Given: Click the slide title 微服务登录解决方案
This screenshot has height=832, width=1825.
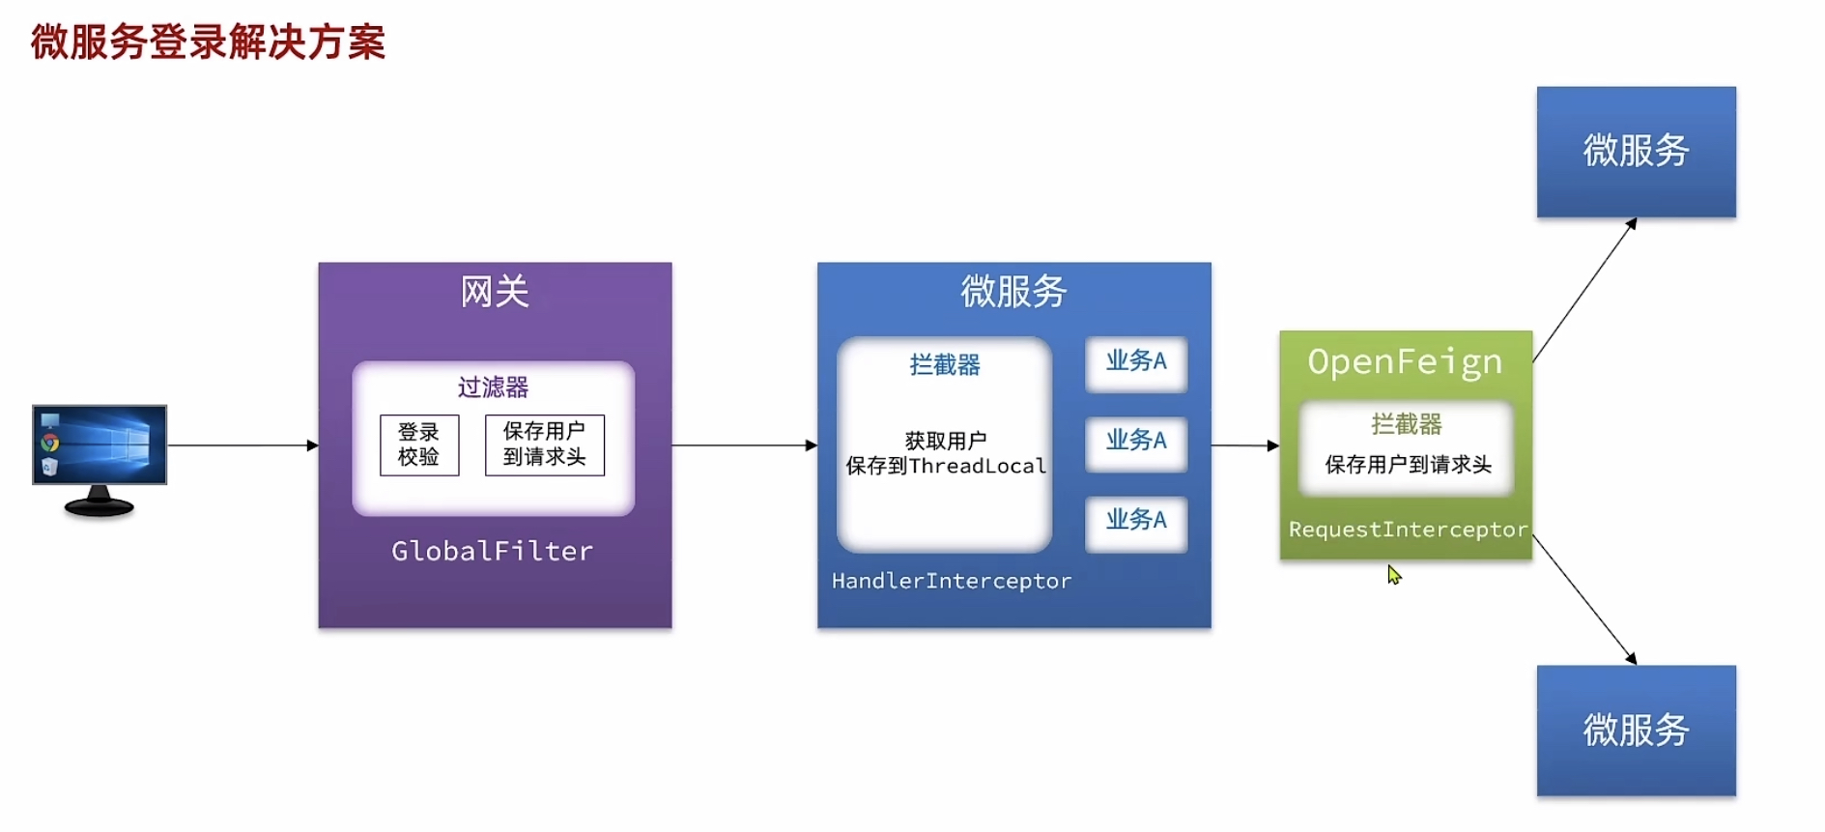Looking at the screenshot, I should point(208,43).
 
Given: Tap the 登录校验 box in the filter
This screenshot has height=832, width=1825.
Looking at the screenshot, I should point(419,445).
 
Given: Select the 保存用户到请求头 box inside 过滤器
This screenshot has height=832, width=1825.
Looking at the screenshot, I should point(544,445).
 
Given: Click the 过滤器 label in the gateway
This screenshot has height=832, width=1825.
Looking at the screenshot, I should point(493,387).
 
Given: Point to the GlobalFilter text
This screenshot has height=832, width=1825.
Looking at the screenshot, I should point(492,551).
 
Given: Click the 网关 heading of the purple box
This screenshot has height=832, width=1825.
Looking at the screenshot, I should point(495,292).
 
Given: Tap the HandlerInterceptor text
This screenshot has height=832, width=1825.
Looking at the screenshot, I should point(951,581).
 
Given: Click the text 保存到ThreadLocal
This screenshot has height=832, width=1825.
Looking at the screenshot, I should point(945,466).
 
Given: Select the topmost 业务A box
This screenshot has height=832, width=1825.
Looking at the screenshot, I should point(1136,362).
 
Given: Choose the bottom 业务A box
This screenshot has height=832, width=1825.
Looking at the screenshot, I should point(1136,522).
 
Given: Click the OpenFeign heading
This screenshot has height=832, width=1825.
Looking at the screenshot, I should point(1405,362).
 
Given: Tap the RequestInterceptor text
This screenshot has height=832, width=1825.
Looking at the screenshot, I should point(1408,530).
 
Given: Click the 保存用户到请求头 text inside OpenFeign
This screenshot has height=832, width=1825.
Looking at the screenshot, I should point(1408,465).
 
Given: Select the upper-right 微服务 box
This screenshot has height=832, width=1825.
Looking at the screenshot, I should point(1636,152).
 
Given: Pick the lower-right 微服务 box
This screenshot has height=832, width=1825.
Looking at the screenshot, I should point(1636,731).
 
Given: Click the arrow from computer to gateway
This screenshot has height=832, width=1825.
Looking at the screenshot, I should point(242,445).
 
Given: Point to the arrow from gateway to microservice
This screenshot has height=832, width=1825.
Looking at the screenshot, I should point(744,445).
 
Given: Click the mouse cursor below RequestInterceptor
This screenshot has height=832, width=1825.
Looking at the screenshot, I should point(1393,574).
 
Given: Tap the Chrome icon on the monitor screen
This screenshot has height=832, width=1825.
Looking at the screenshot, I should point(50,443).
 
